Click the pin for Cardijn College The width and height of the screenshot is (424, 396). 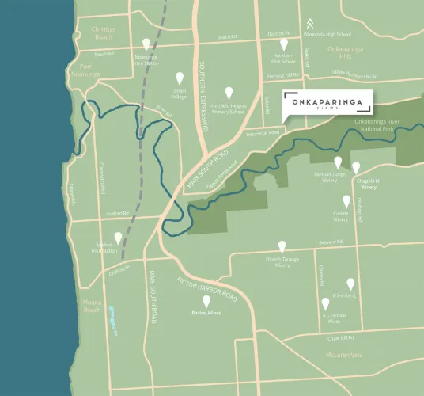(179, 78)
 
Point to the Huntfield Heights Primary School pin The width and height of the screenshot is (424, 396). (229, 92)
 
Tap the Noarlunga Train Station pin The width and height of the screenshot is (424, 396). (146, 44)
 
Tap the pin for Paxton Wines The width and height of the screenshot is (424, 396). (206, 301)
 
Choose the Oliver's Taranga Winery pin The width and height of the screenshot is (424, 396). (282, 246)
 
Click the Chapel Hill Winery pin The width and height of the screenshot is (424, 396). (356, 167)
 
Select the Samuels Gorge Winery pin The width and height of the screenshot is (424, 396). (338, 162)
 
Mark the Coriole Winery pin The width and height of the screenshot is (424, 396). (346, 201)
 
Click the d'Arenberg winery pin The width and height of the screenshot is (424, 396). (350, 284)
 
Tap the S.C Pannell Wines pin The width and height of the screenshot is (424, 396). (324, 303)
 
